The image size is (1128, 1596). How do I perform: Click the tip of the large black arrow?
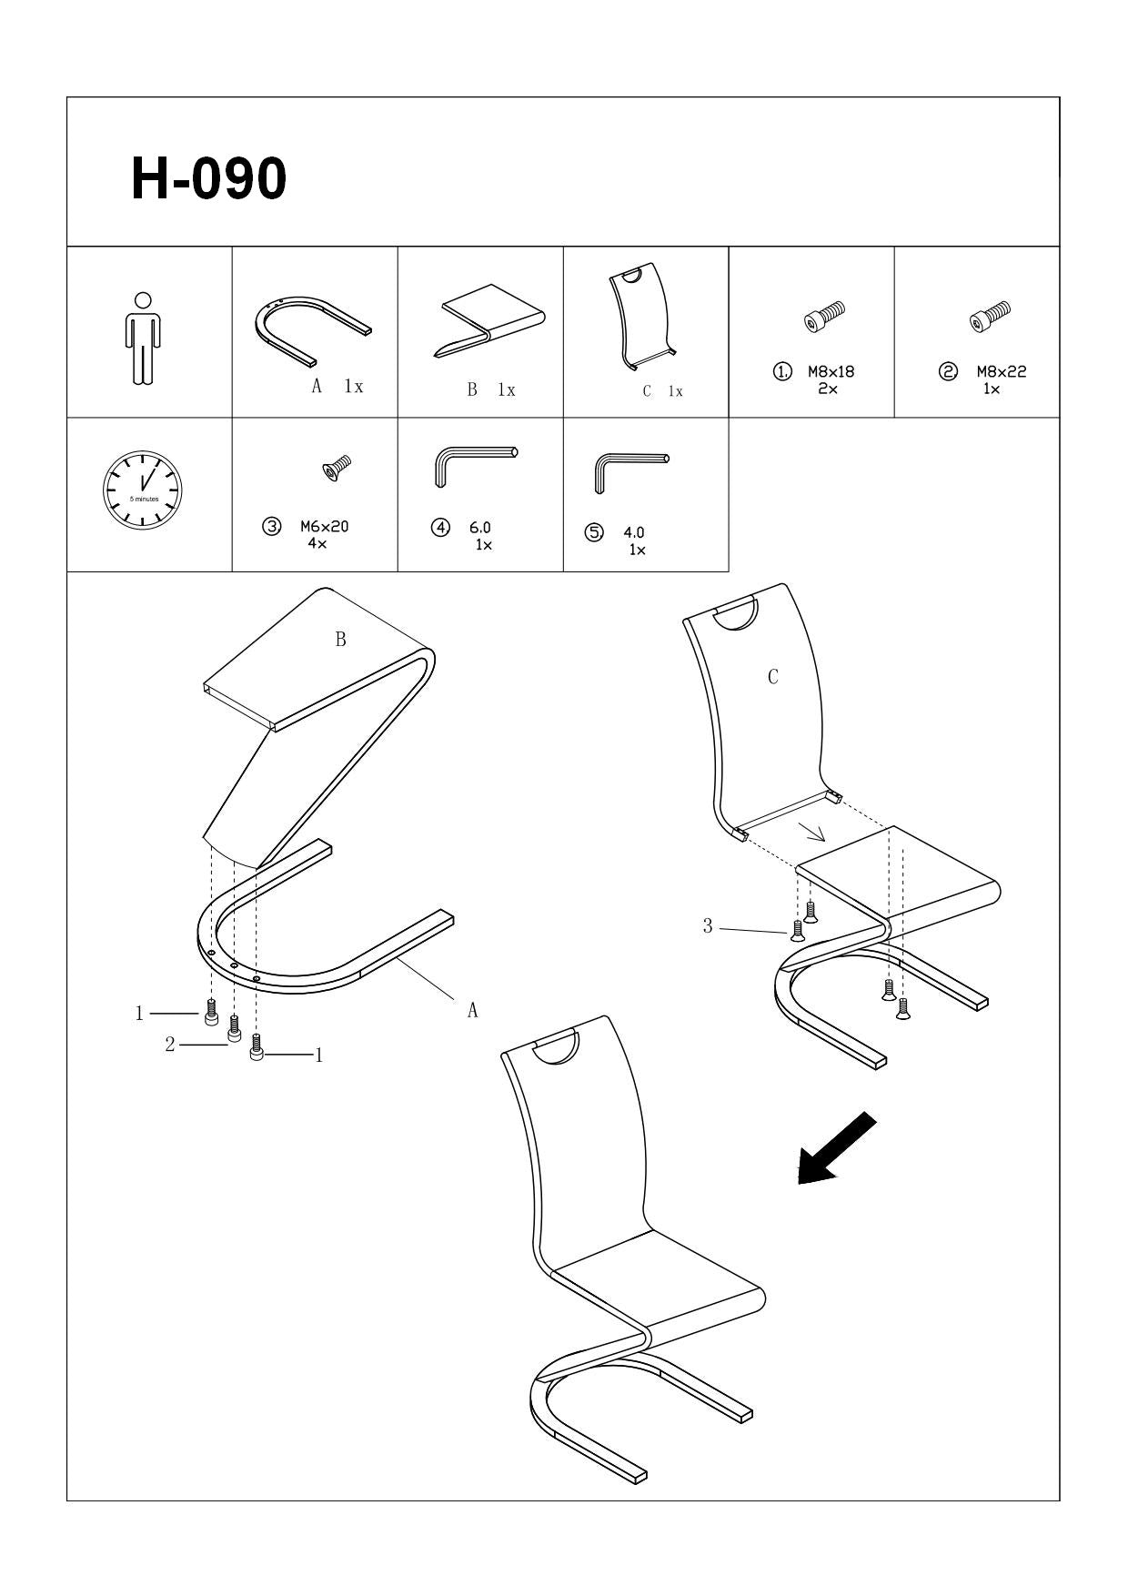click(x=800, y=1185)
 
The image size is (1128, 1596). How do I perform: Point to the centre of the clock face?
click(x=143, y=490)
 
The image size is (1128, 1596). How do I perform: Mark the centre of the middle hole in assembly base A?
click(x=234, y=965)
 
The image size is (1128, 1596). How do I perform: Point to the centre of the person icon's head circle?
click(x=141, y=300)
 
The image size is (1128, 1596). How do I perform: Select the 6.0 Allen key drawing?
click(x=471, y=465)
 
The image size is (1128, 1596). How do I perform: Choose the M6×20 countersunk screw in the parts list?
click(x=336, y=467)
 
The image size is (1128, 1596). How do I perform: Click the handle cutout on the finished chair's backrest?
click(x=556, y=1046)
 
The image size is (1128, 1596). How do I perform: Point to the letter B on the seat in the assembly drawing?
click(x=341, y=640)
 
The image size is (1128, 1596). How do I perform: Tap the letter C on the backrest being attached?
click(x=773, y=677)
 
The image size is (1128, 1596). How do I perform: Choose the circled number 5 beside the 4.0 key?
click(x=595, y=533)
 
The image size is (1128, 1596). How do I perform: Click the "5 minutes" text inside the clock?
click(x=144, y=500)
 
